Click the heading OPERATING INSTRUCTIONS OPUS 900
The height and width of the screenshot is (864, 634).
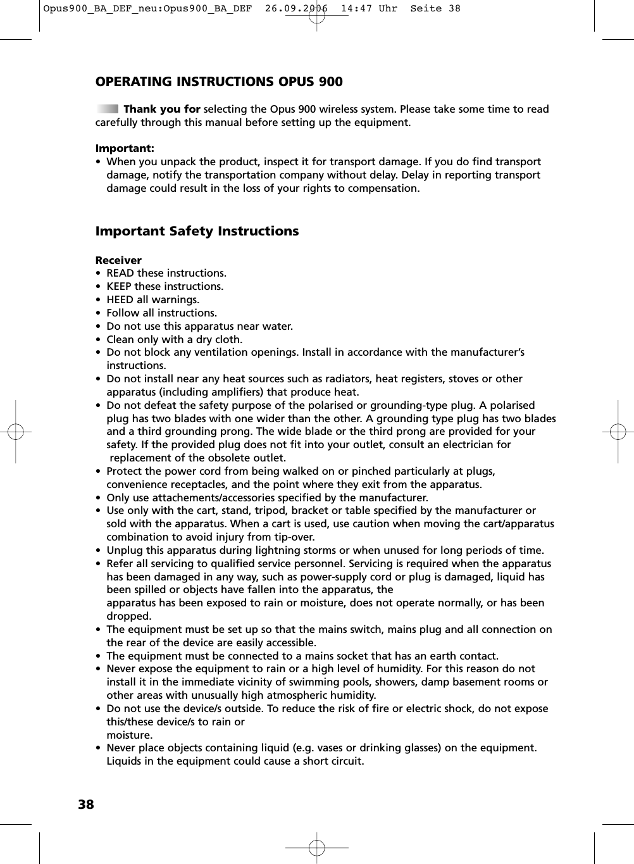pos(219,82)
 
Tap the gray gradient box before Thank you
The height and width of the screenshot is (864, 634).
pos(108,109)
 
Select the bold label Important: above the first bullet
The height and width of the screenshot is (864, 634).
pos(125,148)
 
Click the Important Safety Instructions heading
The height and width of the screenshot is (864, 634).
pos(197,231)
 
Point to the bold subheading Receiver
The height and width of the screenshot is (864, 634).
pos(118,260)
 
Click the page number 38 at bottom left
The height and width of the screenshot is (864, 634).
pos(86,805)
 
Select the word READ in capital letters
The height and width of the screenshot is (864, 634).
pos(120,273)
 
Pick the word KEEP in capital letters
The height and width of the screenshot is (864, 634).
pos(119,286)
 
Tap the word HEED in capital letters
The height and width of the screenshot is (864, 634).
pos(120,299)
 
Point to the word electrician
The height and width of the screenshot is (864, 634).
pos(467,444)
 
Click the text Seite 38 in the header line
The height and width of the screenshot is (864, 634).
pos(435,9)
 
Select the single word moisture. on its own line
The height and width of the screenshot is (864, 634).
pos(130,735)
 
